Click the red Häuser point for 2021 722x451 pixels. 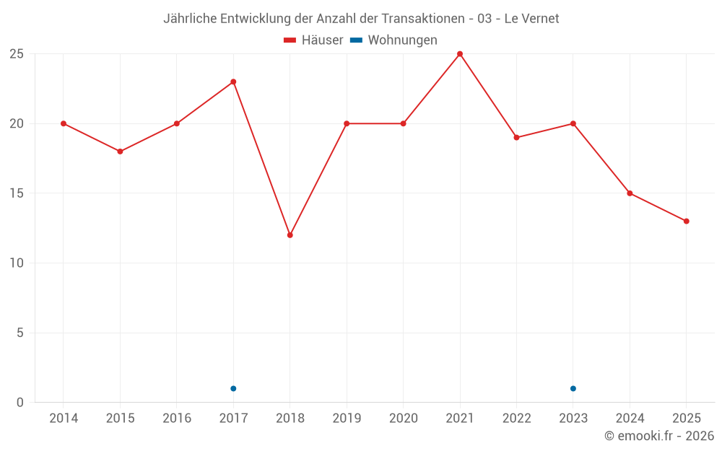(x=460, y=54)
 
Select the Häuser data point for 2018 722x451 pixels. (x=290, y=235)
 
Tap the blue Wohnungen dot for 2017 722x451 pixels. (x=233, y=389)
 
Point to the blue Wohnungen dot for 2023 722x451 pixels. (x=573, y=389)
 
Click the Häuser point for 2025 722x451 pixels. (x=687, y=222)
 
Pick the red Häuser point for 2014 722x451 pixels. (x=64, y=123)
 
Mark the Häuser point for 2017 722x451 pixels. (x=233, y=82)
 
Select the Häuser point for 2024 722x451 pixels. (x=630, y=193)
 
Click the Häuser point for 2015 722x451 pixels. (x=120, y=152)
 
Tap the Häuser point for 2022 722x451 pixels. (x=516, y=137)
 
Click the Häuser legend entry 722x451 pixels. (x=314, y=40)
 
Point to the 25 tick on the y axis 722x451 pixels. (x=17, y=54)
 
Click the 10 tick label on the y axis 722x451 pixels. (x=17, y=263)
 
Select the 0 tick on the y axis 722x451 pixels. (x=20, y=403)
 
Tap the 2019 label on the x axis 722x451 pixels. (x=347, y=419)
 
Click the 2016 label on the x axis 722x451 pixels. (x=177, y=419)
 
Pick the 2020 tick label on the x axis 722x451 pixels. (x=403, y=419)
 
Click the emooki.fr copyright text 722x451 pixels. (x=658, y=436)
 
